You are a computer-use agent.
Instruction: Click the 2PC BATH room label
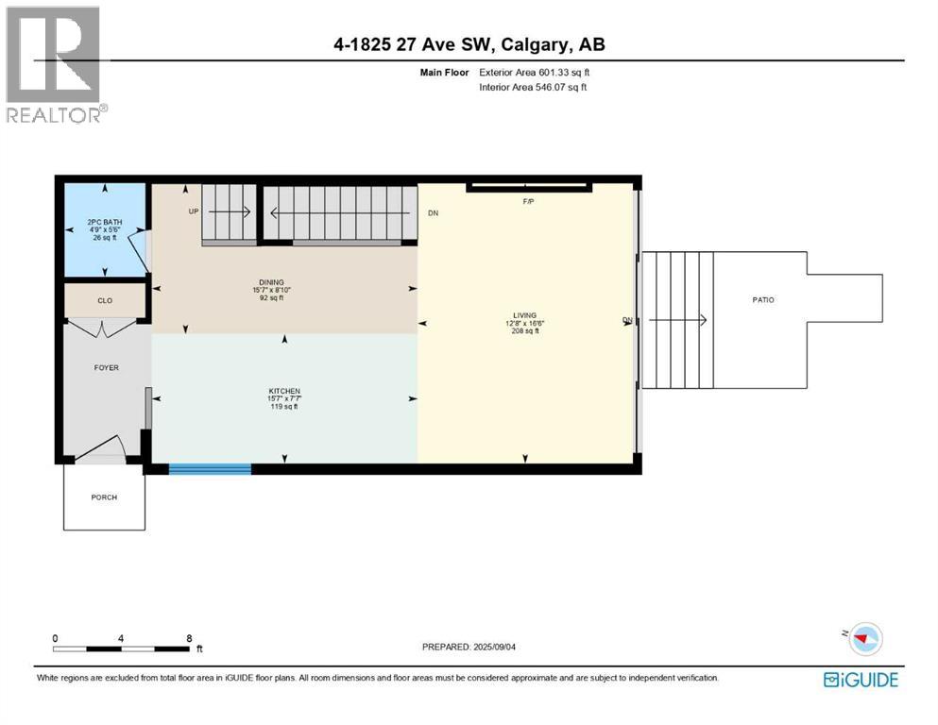pos(104,224)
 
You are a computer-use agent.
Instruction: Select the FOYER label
pos(107,367)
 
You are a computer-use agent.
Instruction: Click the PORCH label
pos(104,497)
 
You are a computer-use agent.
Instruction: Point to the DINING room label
pos(270,280)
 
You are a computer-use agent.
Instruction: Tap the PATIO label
pos(763,299)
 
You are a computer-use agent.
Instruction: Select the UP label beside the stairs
pos(194,211)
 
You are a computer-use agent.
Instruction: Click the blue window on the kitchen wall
pos(210,467)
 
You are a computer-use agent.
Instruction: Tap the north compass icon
pos(863,639)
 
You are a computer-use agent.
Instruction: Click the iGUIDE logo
pos(861,680)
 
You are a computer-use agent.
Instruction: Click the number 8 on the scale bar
pos(189,638)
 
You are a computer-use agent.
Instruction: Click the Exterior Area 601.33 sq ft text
pos(534,72)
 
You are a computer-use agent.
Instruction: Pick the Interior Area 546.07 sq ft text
pos(533,87)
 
